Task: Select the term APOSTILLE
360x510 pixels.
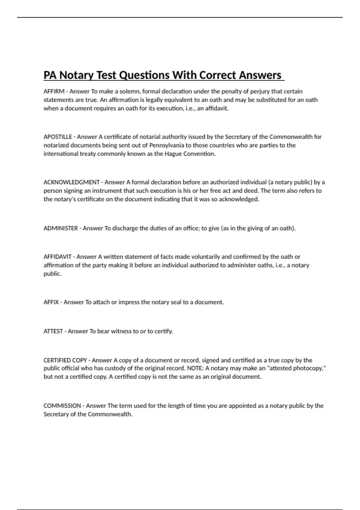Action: tap(58, 137)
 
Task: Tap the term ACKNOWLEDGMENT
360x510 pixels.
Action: tap(71, 182)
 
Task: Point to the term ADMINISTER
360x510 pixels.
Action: tap(61, 228)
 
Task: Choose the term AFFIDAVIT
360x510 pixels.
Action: tap(57, 257)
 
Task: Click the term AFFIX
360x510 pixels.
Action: tap(51, 302)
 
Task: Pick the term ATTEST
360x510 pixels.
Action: tap(53, 331)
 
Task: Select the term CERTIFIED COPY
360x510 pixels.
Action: tap(65, 360)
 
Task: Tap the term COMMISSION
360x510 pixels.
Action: tap(62, 406)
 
